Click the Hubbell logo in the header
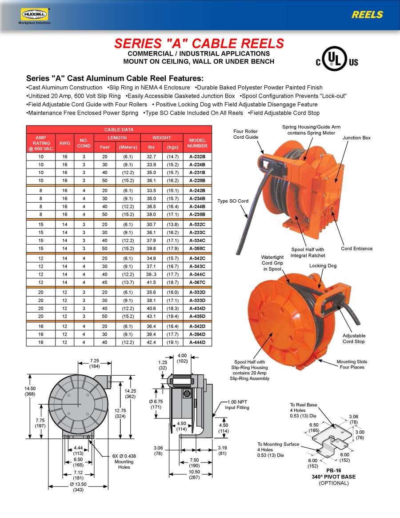(x=34, y=15)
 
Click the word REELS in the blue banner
(x=367, y=15)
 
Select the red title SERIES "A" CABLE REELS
(x=199, y=43)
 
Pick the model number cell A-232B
(x=197, y=157)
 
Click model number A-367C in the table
(x=197, y=282)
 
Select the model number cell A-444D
(x=197, y=342)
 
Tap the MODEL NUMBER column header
(x=197, y=142)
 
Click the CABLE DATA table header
(x=119, y=129)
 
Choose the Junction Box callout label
(x=356, y=138)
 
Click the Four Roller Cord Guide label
(x=245, y=134)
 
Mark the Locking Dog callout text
(x=323, y=265)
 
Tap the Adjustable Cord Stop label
(x=354, y=338)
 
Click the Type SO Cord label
(x=232, y=201)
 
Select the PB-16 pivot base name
(x=333, y=471)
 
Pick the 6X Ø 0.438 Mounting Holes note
(x=124, y=462)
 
